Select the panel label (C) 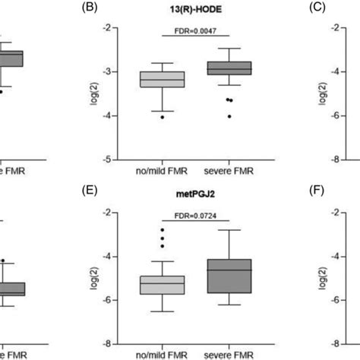pyautogui.click(x=295, y=8)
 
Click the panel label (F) pyautogui.click(x=295, y=193)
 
